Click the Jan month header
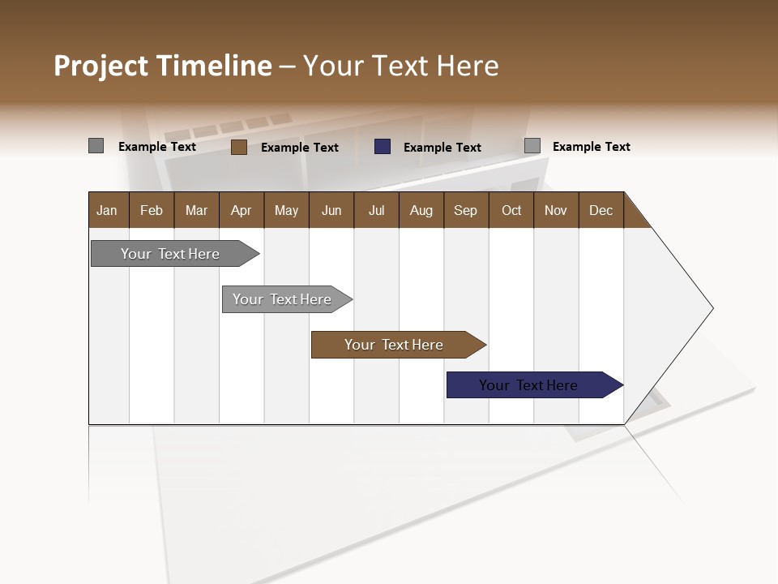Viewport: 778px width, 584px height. click(x=108, y=210)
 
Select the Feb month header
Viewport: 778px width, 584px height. click(x=152, y=210)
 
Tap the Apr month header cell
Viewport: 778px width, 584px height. click(x=242, y=210)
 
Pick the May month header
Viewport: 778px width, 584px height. click(x=286, y=210)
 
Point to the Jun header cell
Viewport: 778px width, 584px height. click(x=331, y=210)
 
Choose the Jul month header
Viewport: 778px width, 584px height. click(x=376, y=210)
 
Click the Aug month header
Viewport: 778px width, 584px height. click(x=421, y=210)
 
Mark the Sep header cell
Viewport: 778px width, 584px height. click(x=466, y=210)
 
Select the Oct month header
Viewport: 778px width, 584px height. click(x=511, y=210)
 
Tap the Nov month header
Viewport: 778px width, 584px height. click(x=556, y=210)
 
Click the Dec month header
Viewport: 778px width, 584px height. click(x=601, y=210)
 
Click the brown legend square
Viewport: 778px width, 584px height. click(x=238, y=147)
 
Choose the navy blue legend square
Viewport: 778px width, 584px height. click(x=383, y=147)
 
